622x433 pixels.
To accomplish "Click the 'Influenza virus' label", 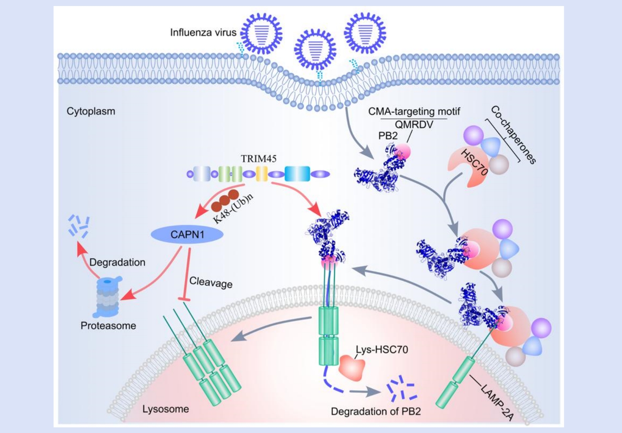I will (203, 32).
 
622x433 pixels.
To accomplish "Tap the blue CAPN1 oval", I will (187, 235).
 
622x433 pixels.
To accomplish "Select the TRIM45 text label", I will (258, 158).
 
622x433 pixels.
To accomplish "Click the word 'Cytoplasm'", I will (91, 111).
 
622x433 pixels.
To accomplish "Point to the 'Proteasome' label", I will (108, 326).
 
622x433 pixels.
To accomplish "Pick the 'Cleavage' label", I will (211, 282).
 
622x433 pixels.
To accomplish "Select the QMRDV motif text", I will (414, 125).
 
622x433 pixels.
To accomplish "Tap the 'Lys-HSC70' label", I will (382, 350).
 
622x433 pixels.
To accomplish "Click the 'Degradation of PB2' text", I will (376, 411).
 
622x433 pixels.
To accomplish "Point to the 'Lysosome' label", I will (165, 409).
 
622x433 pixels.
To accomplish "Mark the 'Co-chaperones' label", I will (513, 134).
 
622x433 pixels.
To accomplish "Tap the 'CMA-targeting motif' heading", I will (414, 111).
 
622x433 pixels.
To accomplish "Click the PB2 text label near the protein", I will (388, 136).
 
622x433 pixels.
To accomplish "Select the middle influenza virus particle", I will (315, 49).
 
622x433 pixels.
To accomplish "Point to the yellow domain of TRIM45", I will (262, 174).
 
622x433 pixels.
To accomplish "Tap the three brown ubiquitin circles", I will (225, 200).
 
